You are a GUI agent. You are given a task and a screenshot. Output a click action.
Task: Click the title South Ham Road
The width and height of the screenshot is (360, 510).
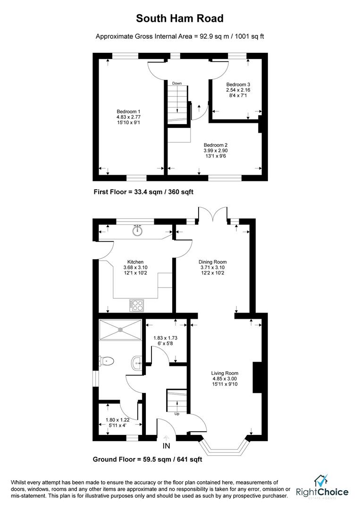(180, 18)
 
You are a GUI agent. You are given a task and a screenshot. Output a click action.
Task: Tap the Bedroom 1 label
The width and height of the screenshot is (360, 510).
(126, 111)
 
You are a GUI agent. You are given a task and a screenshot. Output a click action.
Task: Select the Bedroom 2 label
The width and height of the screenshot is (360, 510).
(216, 145)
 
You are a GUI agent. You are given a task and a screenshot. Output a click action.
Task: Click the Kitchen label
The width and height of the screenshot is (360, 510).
(135, 262)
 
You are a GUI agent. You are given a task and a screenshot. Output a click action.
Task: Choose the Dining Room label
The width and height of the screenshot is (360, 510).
(213, 262)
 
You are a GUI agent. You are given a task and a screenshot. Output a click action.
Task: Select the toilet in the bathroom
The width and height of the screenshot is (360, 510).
(107, 361)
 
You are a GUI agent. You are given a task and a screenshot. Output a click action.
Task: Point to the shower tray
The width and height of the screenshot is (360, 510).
(121, 329)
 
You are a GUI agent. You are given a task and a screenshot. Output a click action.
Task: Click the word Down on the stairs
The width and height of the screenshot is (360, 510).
(177, 84)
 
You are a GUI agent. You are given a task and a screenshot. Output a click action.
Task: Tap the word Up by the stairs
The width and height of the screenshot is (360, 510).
(177, 414)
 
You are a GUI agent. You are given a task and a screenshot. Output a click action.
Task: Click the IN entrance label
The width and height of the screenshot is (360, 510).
(166, 445)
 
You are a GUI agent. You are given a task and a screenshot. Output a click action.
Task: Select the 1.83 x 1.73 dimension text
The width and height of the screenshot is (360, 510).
(165, 338)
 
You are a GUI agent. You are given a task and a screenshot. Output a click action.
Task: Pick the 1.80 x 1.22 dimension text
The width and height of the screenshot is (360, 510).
(117, 419)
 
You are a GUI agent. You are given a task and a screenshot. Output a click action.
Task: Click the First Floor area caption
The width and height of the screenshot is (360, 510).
(143, 192)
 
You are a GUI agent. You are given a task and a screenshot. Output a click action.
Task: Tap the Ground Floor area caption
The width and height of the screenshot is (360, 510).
(147, 459)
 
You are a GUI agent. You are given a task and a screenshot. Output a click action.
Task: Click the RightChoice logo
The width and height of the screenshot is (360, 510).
(322, 489)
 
